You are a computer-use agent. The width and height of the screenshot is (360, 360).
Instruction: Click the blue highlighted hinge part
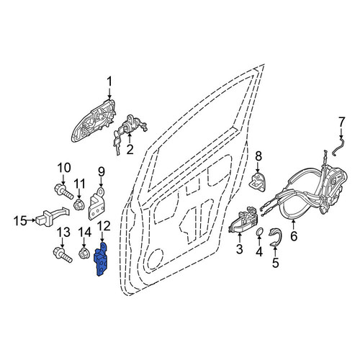click(101, 261)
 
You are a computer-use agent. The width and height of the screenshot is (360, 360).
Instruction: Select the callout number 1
click(109, 82)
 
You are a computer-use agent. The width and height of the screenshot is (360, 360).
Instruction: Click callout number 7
click(341, 122)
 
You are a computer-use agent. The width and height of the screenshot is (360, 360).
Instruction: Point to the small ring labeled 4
click(259, 232)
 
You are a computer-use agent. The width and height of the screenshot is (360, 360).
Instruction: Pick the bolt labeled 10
click(63, 192)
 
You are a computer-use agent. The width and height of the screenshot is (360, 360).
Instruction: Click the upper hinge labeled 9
click(98, 204)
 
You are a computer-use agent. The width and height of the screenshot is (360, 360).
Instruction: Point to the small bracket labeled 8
click(258, 181)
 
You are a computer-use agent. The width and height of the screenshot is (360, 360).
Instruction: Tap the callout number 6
click(294, 235)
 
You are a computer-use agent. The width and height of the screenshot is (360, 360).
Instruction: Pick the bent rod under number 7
click(338, 147)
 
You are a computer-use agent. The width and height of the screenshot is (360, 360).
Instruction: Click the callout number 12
click(104, 227)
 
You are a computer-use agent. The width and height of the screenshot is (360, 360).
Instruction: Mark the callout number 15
click(20, 220)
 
